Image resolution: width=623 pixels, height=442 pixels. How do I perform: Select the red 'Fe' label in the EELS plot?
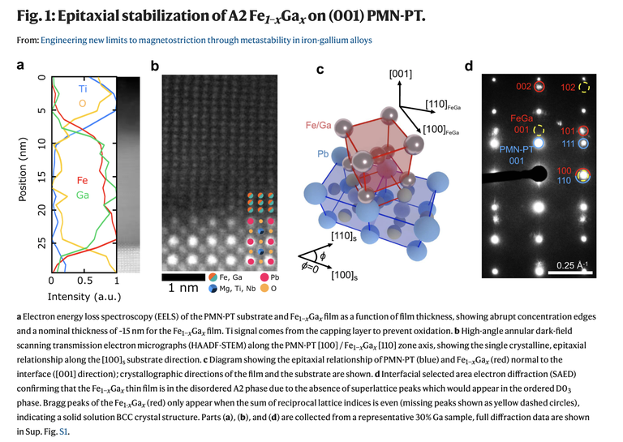click(x=82, y=180)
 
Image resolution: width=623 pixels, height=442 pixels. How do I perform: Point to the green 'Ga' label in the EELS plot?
click(x=83, y=195)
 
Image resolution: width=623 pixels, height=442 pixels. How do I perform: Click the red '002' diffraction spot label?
click(x=523, y=87)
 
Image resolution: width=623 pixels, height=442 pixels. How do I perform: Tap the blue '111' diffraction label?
click(x=569, y=144)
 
